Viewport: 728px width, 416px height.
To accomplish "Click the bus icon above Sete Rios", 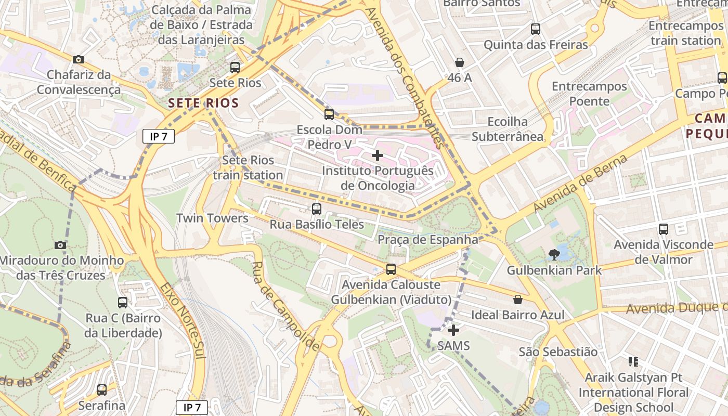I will click(x=235, y=67).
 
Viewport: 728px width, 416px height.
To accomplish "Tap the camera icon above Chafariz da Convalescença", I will click(x=79, y=60).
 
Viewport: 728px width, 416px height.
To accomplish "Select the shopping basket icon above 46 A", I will click(x=460, y=62).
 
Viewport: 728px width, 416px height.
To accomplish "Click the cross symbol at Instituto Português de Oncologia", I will click(x=378, y=155).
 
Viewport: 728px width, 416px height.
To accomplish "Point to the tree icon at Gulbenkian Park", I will click(x=554, y=255).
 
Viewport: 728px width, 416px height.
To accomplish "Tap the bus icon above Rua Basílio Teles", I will click(x=316, y=209).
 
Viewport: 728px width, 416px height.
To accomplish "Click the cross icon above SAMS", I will click(x=453, y=330).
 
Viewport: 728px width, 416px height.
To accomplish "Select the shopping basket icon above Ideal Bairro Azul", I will click(x=518, y=300).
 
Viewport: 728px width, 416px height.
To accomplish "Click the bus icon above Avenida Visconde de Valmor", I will click(x=663, y=229).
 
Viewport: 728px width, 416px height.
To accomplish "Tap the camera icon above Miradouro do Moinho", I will click(x=60, y=245).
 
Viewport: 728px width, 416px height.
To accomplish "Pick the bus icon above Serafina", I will click(x=102, y=389).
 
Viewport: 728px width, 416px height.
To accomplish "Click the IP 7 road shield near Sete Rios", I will click(x=159, y=137).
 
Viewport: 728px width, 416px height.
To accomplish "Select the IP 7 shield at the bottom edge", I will click(x=192, y=408).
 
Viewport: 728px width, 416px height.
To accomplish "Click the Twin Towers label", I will click(x=212, y=218).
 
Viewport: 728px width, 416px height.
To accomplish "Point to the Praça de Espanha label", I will click(x=427, y=240).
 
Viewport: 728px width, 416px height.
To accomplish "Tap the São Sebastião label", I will click(x=558, y=352).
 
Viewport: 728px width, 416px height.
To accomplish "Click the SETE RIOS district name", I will click(x=203, y=103).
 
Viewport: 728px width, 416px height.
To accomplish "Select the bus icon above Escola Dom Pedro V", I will click(x=329, y=114).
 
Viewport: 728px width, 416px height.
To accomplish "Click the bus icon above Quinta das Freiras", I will click(x=536, y=29).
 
